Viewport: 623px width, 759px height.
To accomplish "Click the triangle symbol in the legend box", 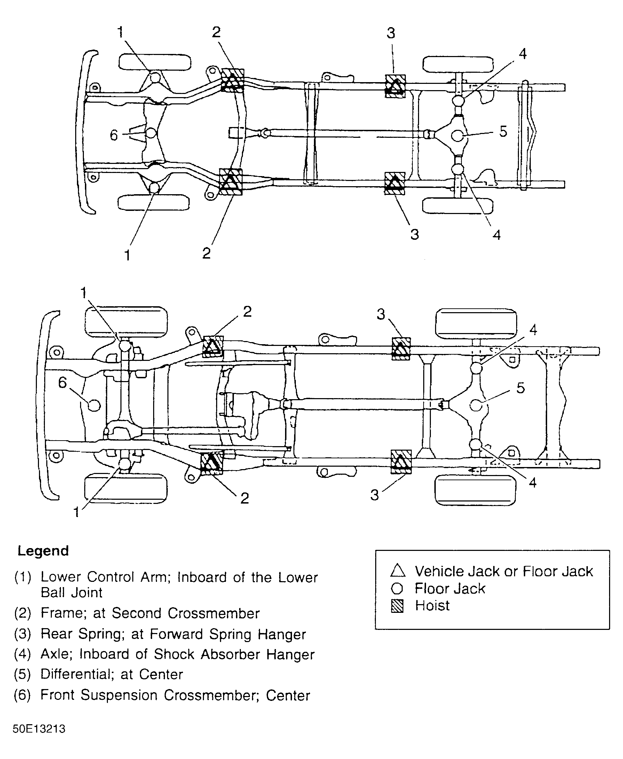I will (x=397, y=571).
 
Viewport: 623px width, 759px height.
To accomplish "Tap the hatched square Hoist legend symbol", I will (x=397, y=606).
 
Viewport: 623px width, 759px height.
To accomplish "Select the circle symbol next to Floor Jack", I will (x=397, y=588).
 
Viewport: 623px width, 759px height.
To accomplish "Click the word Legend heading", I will (x=43, y=551).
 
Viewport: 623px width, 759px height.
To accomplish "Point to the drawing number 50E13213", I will (x=39, y=729).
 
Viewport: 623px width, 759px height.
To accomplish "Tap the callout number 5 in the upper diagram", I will (x=503, y=132).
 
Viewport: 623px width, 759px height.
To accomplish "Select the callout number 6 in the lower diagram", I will (x=62, y=382).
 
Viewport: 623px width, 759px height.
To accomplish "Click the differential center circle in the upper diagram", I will (x=457, y=135).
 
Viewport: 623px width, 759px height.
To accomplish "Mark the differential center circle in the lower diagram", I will (x=476, y=405).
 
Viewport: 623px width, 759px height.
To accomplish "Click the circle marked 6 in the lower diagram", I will (x=94, y=405).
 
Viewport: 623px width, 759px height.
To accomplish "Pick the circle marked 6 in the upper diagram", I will (x=151, y=133).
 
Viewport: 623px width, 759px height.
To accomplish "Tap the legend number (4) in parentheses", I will (x=23, y=654).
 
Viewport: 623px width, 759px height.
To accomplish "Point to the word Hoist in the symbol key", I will (x=432, y=606).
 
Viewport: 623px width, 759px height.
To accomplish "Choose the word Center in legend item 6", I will (x=288, y=695).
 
